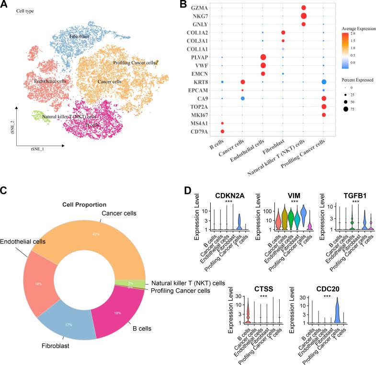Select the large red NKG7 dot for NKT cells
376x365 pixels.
point(303,16)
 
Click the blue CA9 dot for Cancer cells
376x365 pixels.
point(242,98)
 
